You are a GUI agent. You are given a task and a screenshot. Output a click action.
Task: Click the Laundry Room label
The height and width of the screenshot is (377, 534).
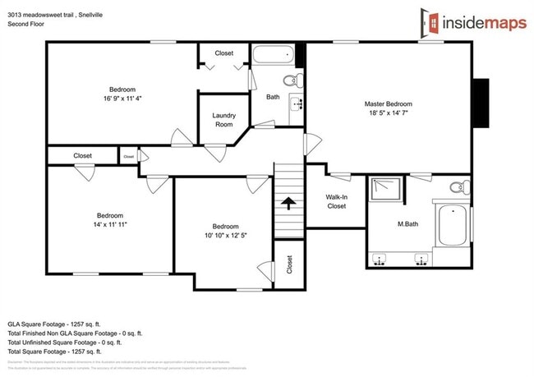tap(223, 120)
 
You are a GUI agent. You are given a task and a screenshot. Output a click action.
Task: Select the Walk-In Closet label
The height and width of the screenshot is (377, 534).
tap(336, 201)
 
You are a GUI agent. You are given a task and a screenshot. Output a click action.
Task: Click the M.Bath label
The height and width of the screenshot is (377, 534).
tap(409, 223)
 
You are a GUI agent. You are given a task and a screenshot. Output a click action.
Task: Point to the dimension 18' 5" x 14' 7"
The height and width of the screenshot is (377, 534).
tap(388, 114)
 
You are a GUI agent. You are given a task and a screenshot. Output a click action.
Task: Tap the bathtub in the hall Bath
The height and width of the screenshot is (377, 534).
tap(272, 56)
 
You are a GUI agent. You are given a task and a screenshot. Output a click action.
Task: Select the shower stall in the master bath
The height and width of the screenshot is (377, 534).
tap(386, 191)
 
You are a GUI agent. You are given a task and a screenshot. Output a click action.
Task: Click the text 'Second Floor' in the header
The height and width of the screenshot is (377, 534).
tap(26, 24)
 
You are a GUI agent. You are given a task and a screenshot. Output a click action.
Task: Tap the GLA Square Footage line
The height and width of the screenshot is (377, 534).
tap(60, 324)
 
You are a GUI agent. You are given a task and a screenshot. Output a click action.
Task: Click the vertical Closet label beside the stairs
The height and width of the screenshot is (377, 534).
tap(289, 264)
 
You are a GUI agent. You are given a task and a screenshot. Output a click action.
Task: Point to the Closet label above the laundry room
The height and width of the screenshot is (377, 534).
tap(223, 53)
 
